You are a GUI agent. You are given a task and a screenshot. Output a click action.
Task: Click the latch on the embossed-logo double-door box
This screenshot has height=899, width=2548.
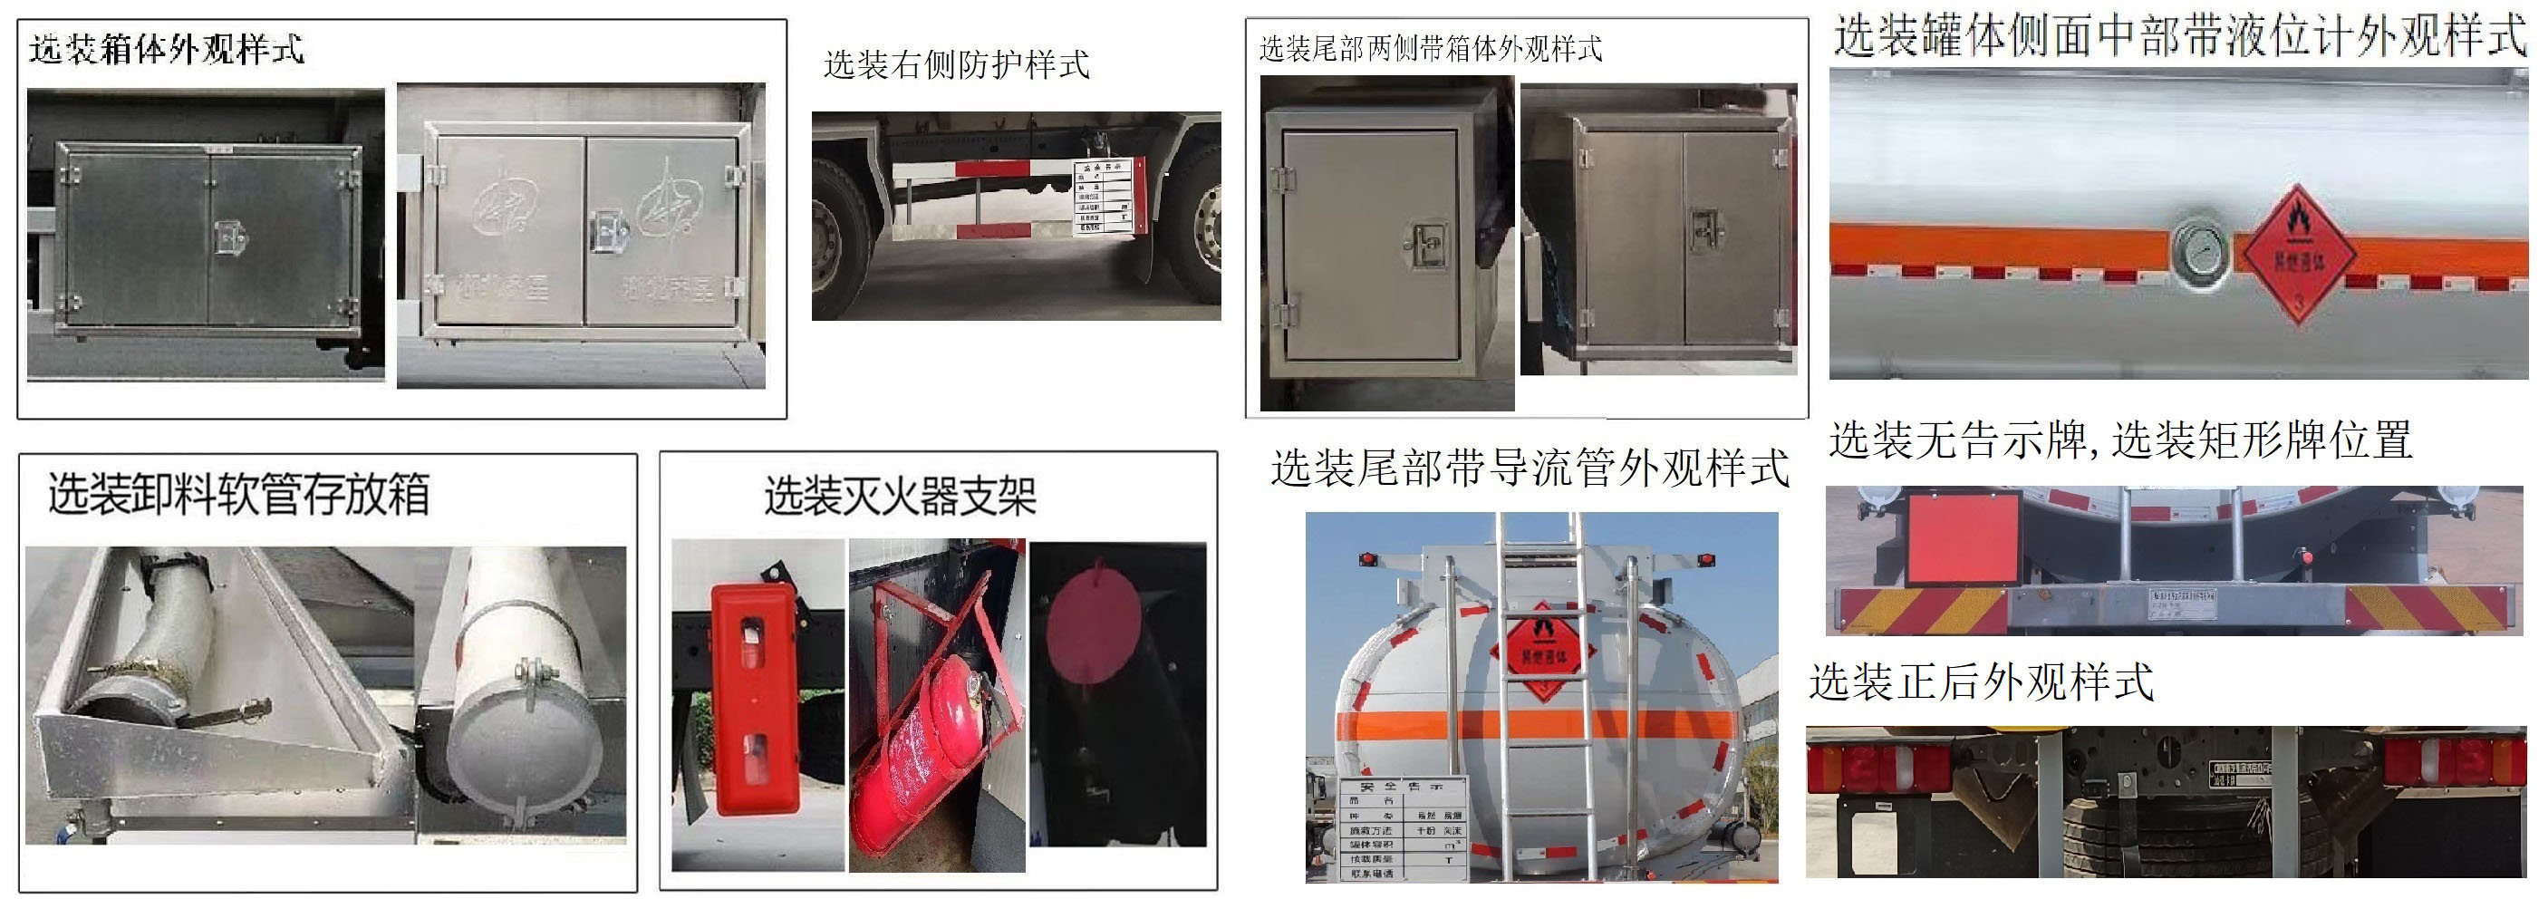(x=605, y=234)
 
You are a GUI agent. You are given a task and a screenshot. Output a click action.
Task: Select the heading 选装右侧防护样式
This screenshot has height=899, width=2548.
(x=955, y=65)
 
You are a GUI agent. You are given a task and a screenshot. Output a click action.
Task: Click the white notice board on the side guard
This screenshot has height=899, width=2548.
(x=1103, y=197)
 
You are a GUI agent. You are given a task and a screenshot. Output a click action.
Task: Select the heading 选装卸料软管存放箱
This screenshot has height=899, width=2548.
(x=238, y=494)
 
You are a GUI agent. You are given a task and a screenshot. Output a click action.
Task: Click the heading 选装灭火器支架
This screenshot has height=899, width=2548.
(x=899, y=496)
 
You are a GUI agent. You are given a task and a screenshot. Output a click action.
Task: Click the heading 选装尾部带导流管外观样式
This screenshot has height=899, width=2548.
(x=1530, y=468)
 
